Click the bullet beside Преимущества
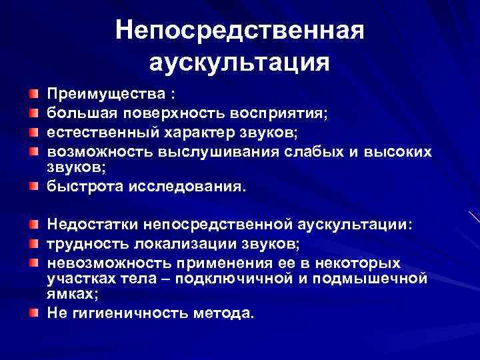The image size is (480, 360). coord(33,91)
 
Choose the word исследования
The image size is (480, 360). coord(189,187)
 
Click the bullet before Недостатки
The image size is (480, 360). coord(33,220)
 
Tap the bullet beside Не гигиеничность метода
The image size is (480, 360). coord(33,311)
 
